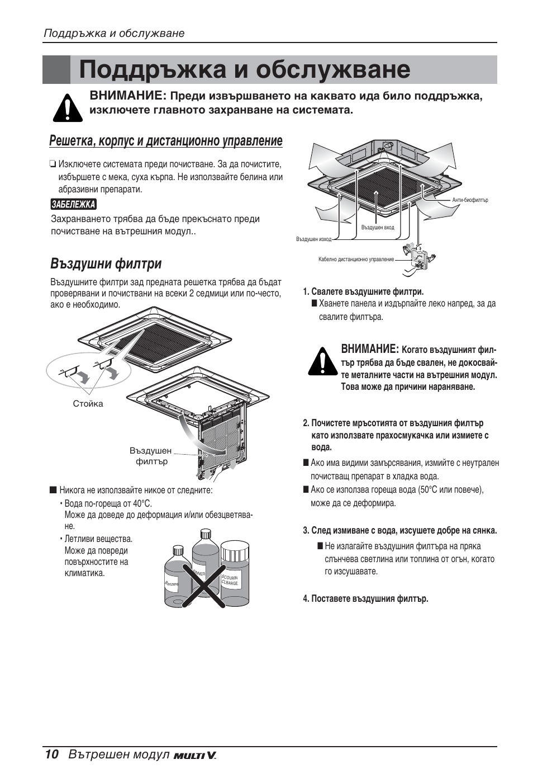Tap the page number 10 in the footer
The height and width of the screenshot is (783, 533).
point(51,754)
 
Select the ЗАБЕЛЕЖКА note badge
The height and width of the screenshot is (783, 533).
point(73,205)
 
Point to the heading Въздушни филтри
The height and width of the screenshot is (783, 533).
point(106,263)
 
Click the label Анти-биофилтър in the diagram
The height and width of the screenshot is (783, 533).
point(470,200)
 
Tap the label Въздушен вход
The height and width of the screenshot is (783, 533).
point(378,228)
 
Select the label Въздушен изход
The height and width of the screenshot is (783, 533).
point(313,239)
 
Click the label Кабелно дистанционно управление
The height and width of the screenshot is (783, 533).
point(356,260)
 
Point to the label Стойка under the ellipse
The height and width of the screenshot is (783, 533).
point(88,404)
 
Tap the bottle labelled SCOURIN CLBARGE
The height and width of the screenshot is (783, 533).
point(230,576)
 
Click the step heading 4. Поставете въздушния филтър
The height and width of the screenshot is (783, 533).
point(365,599)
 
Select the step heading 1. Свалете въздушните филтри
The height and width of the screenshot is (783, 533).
point(363,292)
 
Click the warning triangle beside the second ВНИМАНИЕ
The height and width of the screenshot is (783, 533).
point(321,361)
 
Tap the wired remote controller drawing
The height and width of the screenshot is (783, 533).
point(417,257)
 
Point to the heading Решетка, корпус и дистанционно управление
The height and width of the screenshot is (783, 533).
point(165,141)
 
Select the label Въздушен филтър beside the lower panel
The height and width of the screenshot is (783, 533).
point(151,456)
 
